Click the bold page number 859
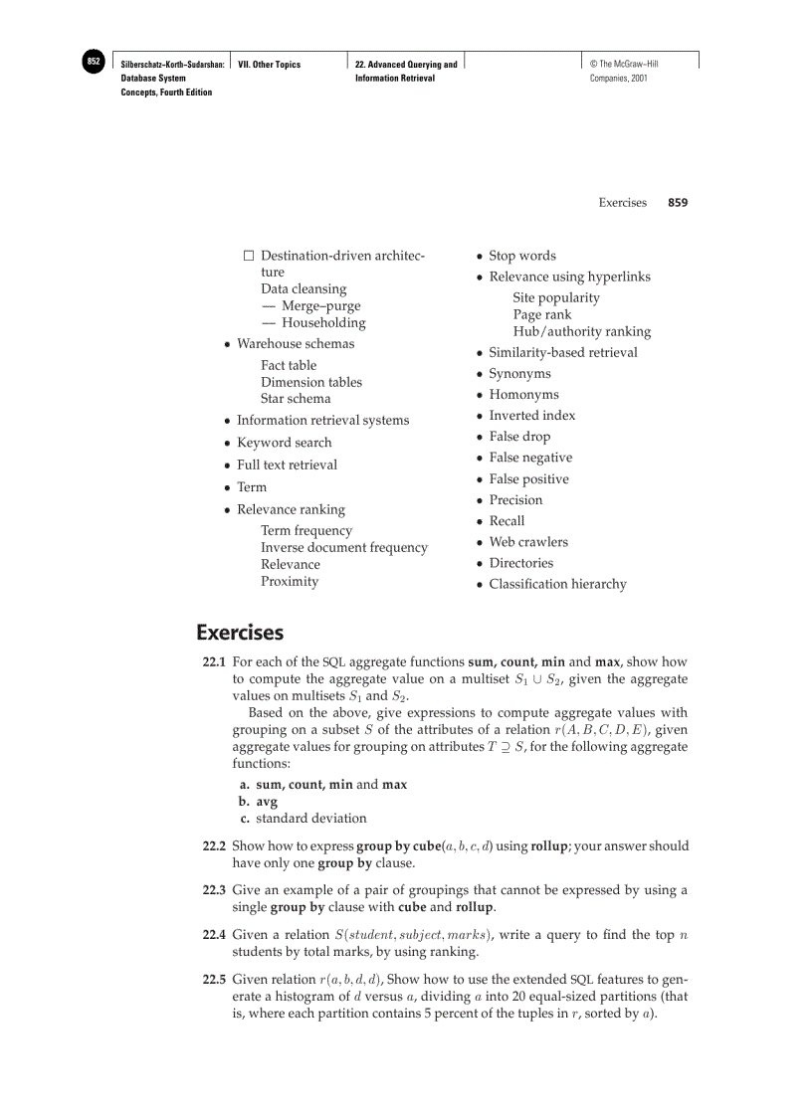678,202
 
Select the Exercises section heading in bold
239,633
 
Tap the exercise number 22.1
214,661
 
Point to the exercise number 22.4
214,934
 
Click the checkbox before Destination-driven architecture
250,256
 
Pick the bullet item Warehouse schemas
295,343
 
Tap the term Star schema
296,398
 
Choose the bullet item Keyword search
284,442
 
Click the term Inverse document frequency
343,547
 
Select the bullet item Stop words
521,255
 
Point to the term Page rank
541,314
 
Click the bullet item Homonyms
523,394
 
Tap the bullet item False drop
518,436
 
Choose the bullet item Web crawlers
527,541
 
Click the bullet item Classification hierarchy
557,584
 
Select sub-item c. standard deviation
309,818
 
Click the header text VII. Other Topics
270,65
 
